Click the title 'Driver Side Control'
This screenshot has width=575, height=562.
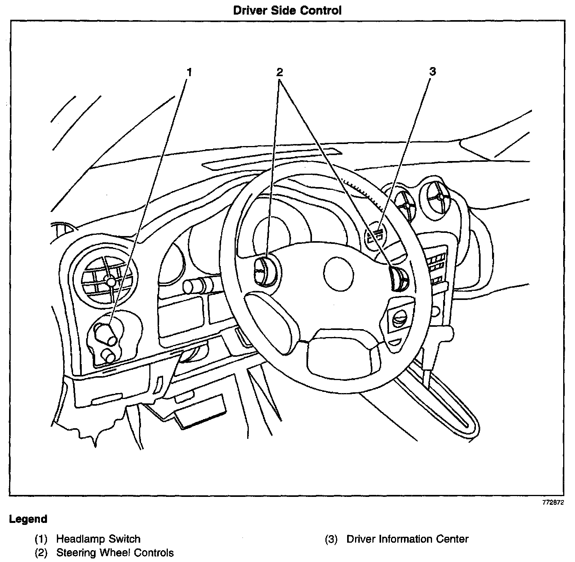pyautogui.click(x=287, y=10)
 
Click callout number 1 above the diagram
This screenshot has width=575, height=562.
pyautogui.click(x=189, y=73)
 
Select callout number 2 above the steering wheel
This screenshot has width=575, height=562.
pyautogui.click(x=280, y=72)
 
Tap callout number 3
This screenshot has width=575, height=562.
pyautogui.click(x=432, y=72)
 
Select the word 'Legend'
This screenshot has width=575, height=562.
pyautogui.click(x=28, y=519)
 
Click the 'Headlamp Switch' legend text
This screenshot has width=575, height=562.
pyautogui.click(x=98, y=539)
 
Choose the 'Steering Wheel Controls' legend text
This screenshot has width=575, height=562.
pyautogui.click(x=115, y=553)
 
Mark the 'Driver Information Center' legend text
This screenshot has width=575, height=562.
pyautogui.click(x=407, y=539)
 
